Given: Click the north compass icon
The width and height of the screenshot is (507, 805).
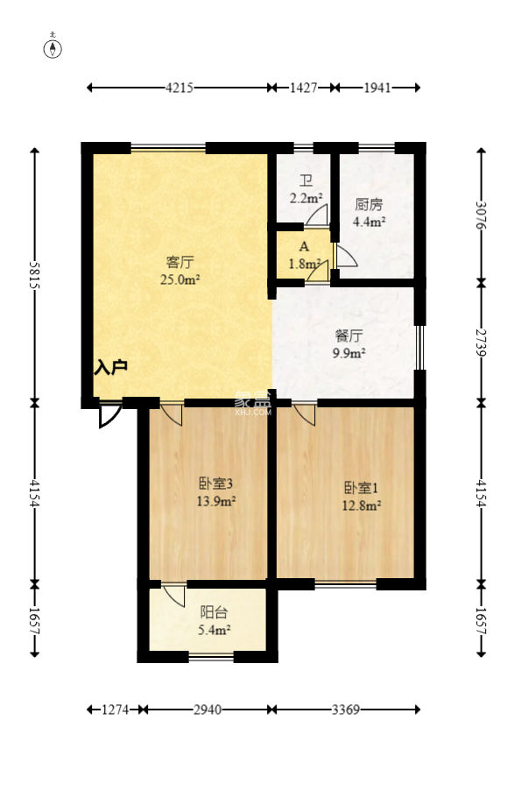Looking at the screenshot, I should (x=54, y=47).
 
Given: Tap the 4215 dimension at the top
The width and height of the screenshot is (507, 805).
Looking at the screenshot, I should (x=180, y=88).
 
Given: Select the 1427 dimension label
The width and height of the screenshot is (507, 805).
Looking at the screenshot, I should (x=302, y=88).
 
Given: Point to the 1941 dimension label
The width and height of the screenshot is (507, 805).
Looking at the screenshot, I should (x=377, y=88).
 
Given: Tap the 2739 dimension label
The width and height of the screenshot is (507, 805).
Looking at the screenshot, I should (x=481, y=342).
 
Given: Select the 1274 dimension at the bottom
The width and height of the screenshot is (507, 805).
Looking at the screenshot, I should (x=114, y=710).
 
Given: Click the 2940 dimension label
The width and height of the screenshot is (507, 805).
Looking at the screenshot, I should (x=207, y=710).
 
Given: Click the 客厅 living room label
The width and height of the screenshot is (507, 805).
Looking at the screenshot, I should (x=180, y=262).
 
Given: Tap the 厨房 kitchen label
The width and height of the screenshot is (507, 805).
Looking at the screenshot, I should (x=369, y=205).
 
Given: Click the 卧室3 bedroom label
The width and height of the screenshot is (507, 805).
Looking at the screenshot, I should (x=215, y=484).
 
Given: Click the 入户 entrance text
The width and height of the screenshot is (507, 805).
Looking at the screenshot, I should (x=111, y=367).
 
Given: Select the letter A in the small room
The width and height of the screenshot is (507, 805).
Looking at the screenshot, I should (x=303, y=248).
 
